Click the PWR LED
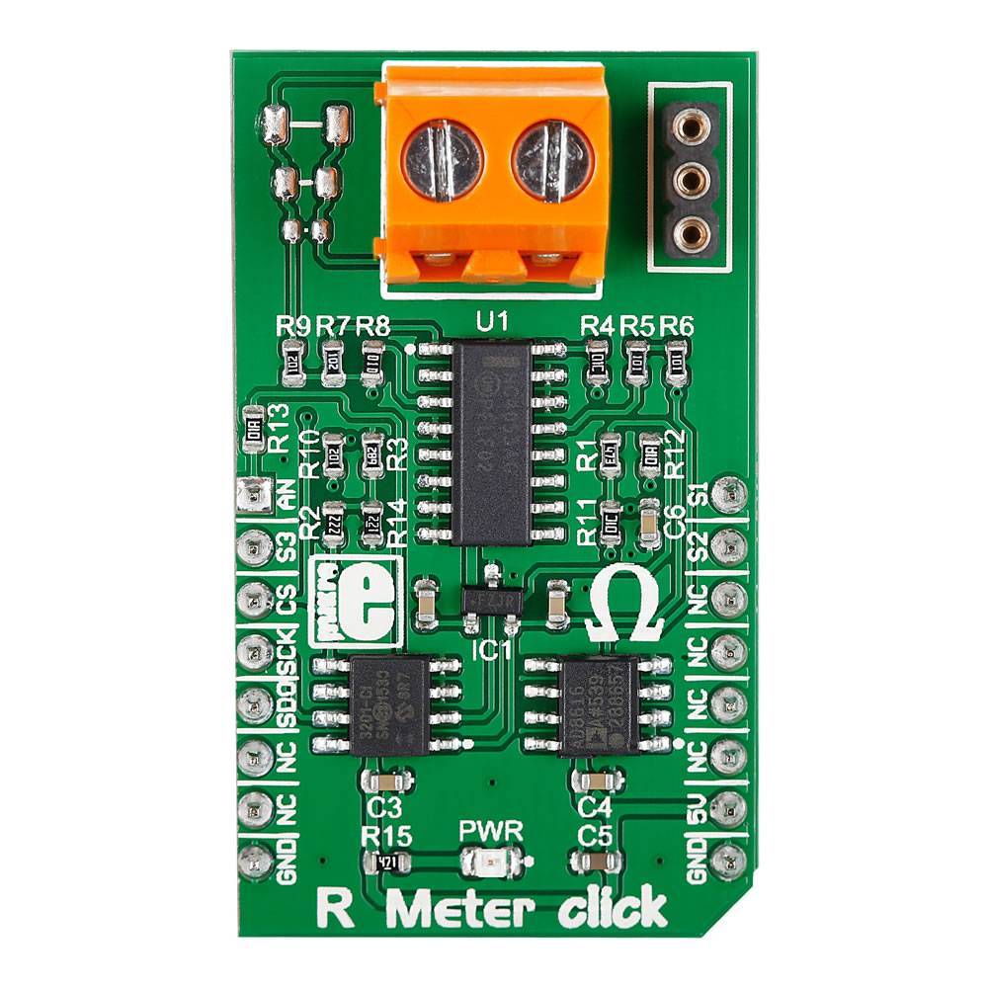click(x=492, y=862)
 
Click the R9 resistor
click(x=292, y=362)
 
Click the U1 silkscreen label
click(x=490, y=322)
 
